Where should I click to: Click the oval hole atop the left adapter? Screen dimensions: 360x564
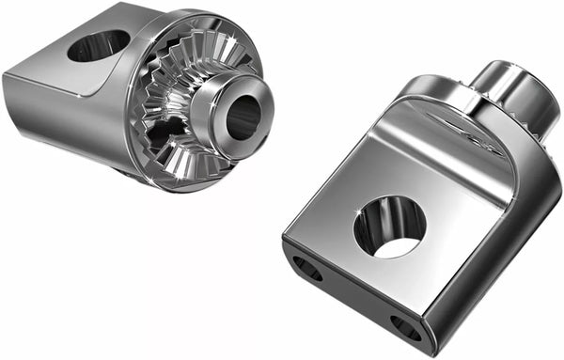pos(98,44)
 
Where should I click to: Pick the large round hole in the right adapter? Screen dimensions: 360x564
pos(389,227)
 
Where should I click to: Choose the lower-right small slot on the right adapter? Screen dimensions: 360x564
pos(406,326)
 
